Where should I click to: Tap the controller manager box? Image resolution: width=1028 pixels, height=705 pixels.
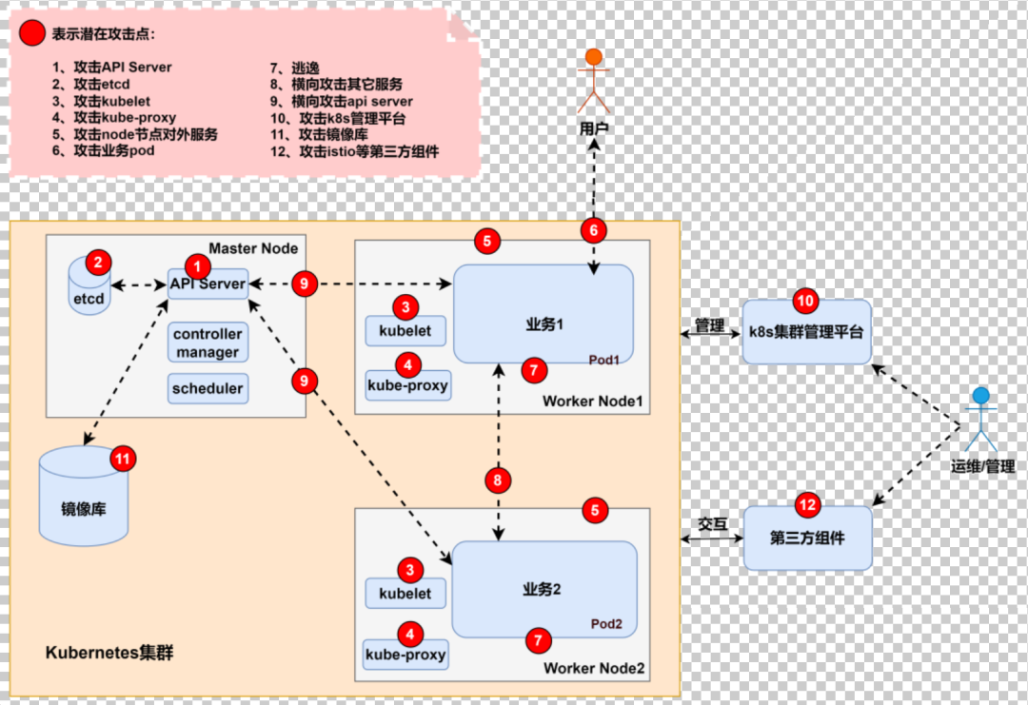pyautogui.click(x=208, y=343)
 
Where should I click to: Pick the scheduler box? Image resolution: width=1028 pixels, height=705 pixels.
pyautogui.click(x=208, y=388)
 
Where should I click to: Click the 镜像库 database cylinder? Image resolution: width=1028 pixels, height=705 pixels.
pyautogui.click(x=84, y=499)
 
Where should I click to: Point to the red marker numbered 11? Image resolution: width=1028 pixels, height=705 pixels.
pyautogui.click(x=123, y=459)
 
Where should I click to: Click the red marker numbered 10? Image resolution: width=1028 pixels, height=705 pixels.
pyautogui.click(x=806, y=301)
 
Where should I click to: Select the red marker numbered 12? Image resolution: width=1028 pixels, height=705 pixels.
pyautogui.click(x=806, y=504)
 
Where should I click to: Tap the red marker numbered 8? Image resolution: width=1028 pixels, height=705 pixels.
pyautogui.click(x=498, y=480)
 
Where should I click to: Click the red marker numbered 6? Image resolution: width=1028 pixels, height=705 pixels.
pyautogui.click(x=593, y=229)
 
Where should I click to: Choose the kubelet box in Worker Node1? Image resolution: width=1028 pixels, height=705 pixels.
pyautogui.click(x=405, y=331)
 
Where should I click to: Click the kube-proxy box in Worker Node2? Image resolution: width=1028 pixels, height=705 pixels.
pyautogui.click(x=405, y=656)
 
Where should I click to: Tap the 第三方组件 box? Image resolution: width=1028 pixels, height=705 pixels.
pyautogui.click(x=807, y=539)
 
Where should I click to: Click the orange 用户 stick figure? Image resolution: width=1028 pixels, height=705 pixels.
pyautogui.click(x=593, y=81)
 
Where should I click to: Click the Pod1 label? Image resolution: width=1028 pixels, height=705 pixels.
pyautogui.click(x=603, y=361)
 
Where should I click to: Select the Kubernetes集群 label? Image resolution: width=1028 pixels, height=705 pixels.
pyautogui.click(x=109, y=654)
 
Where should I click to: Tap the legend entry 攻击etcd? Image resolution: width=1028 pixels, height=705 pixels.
pyautogui.click(x=94, y=85)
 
